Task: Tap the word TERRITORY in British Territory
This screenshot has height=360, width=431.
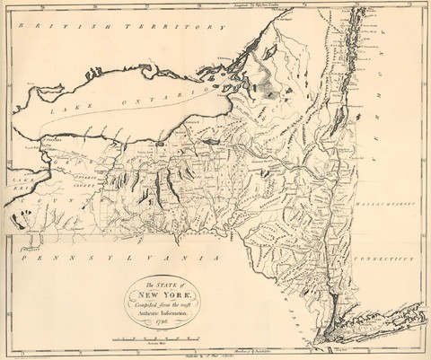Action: coord(157,28)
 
